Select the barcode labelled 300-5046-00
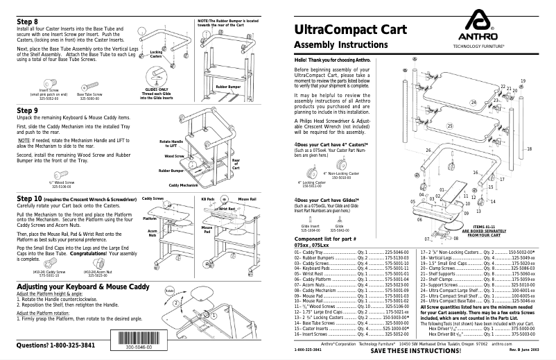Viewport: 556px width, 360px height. point(148,339)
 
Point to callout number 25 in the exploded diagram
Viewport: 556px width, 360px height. point(450,126)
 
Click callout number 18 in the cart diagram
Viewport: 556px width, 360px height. point(529,149)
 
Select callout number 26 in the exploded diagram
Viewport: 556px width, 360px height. point(428,151)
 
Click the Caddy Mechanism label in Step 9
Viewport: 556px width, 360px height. point(183,185)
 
